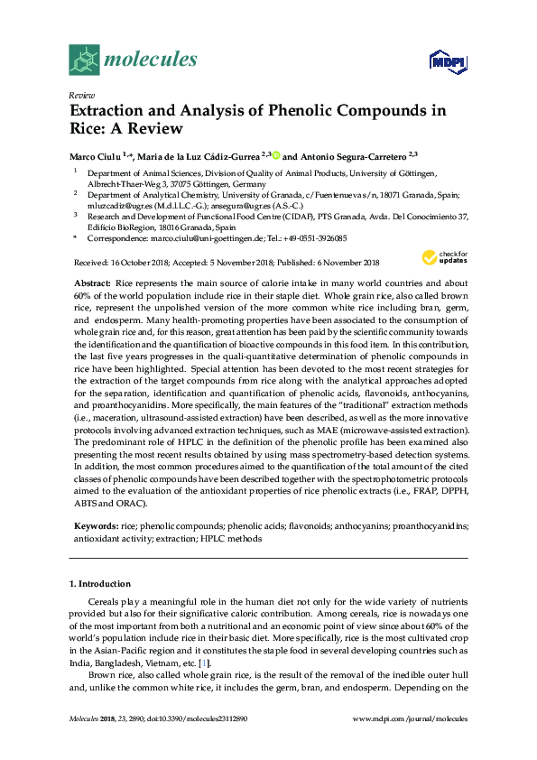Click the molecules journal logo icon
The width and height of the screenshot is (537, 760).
(x=84, y=60)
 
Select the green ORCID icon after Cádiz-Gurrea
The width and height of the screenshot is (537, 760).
(x=276, y=154)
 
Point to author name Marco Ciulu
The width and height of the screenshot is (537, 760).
(x=94, y=155)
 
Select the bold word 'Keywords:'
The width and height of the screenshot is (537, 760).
(x=96, y=524)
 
